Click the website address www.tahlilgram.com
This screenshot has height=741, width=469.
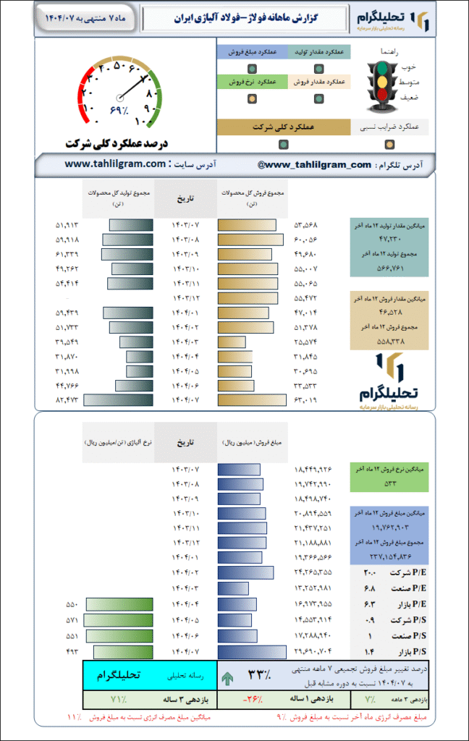[116, 164]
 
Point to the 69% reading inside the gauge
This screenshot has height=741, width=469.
[119, 109]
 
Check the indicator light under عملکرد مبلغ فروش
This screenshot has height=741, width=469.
[250, 69]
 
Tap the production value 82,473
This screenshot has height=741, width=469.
[67, 399]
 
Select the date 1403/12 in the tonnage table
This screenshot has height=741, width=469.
[186, 297]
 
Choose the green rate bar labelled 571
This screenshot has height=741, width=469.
[119, 620]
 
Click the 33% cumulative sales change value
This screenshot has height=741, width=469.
[258, 675]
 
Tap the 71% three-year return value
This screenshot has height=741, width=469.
[118, 700]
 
